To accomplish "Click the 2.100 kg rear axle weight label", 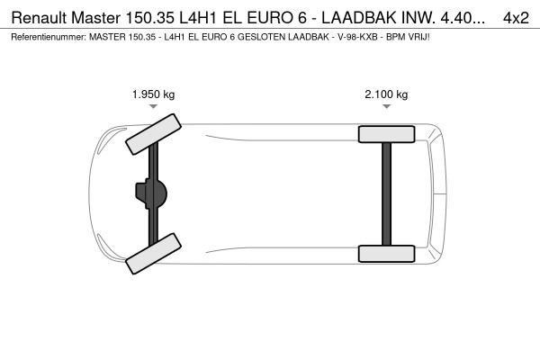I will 386,94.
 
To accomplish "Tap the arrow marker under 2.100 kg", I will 386,107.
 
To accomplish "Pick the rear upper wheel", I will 386,135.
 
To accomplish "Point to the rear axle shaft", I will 386,193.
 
